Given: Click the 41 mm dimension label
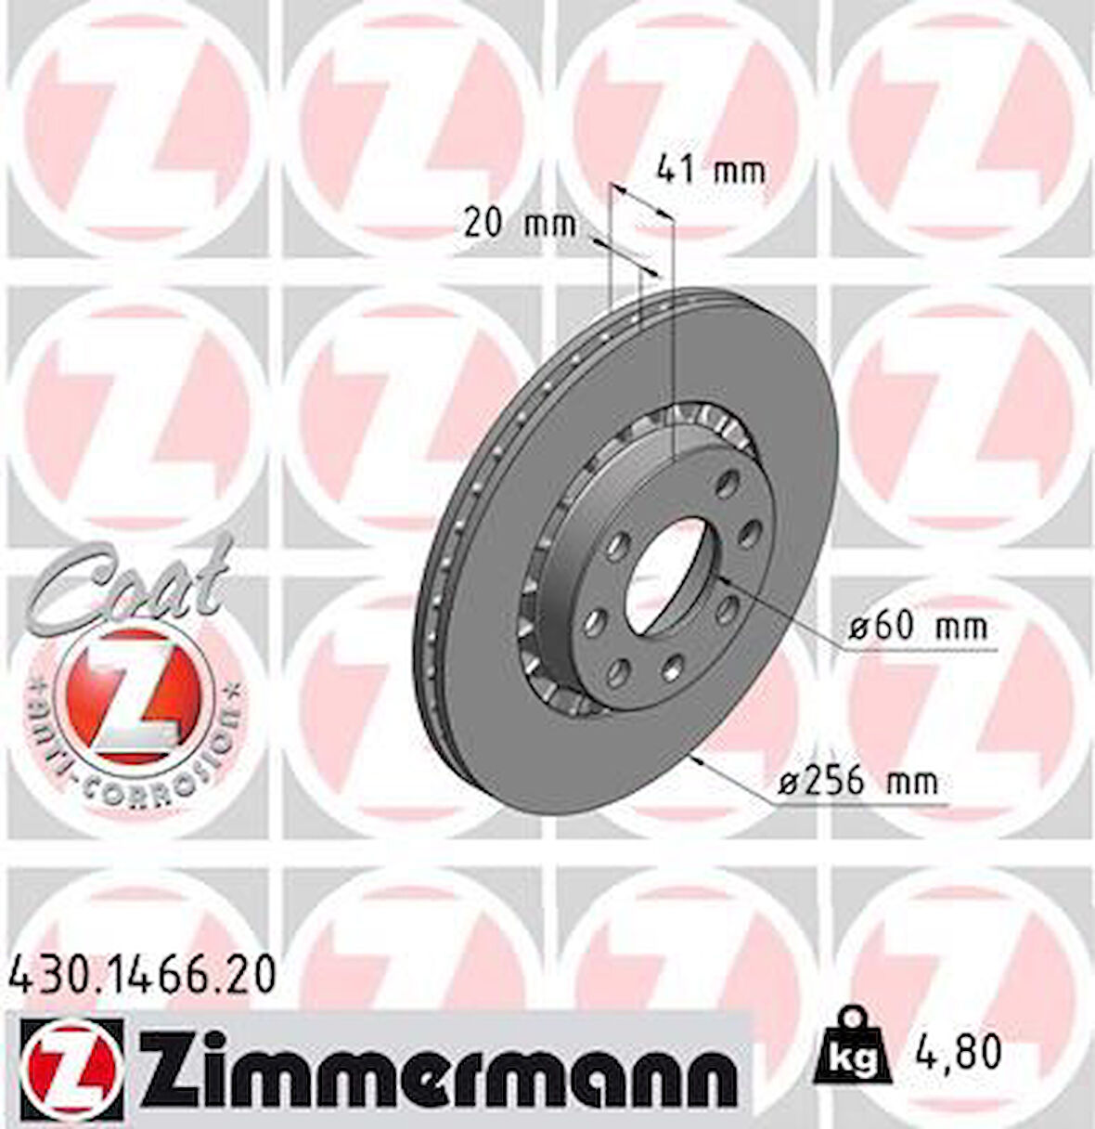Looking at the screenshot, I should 711,170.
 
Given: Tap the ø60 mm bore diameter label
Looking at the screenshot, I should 919,629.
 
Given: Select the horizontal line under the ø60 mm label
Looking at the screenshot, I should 919,651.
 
